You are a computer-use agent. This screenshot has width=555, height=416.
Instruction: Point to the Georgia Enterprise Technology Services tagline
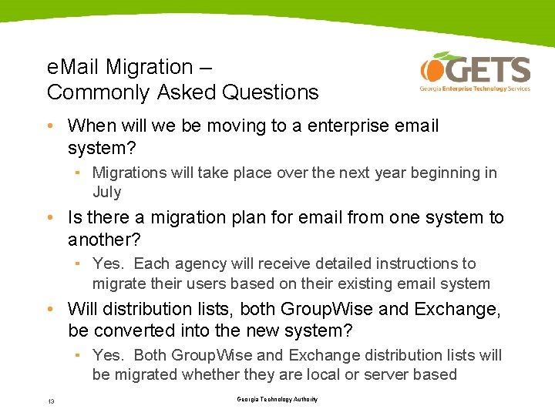tap(475, 89)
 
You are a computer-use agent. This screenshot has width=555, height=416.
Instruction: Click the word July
tap(107, 192)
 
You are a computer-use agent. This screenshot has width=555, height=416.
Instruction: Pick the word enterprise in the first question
tap(351, 126)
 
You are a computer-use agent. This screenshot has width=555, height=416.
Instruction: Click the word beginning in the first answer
tap(446, 173)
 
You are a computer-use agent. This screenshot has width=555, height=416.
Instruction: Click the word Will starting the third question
tap(81, 310)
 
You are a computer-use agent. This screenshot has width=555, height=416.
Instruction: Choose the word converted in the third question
tap(131, 331)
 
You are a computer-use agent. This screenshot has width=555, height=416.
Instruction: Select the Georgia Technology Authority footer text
tap(277, 399)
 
